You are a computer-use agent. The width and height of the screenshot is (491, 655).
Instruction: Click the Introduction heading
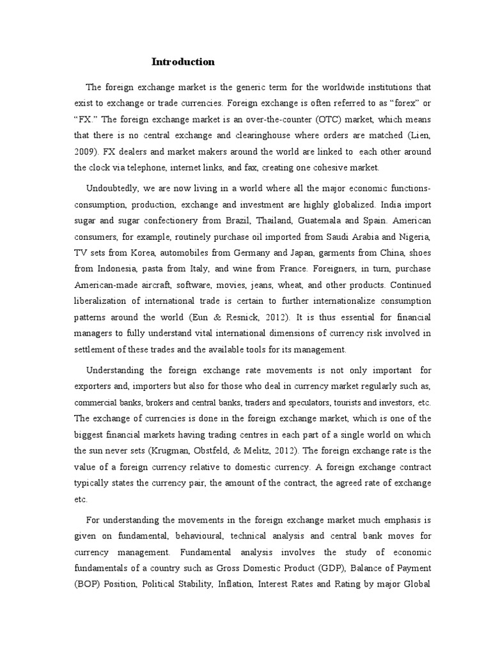pos(183,62)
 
